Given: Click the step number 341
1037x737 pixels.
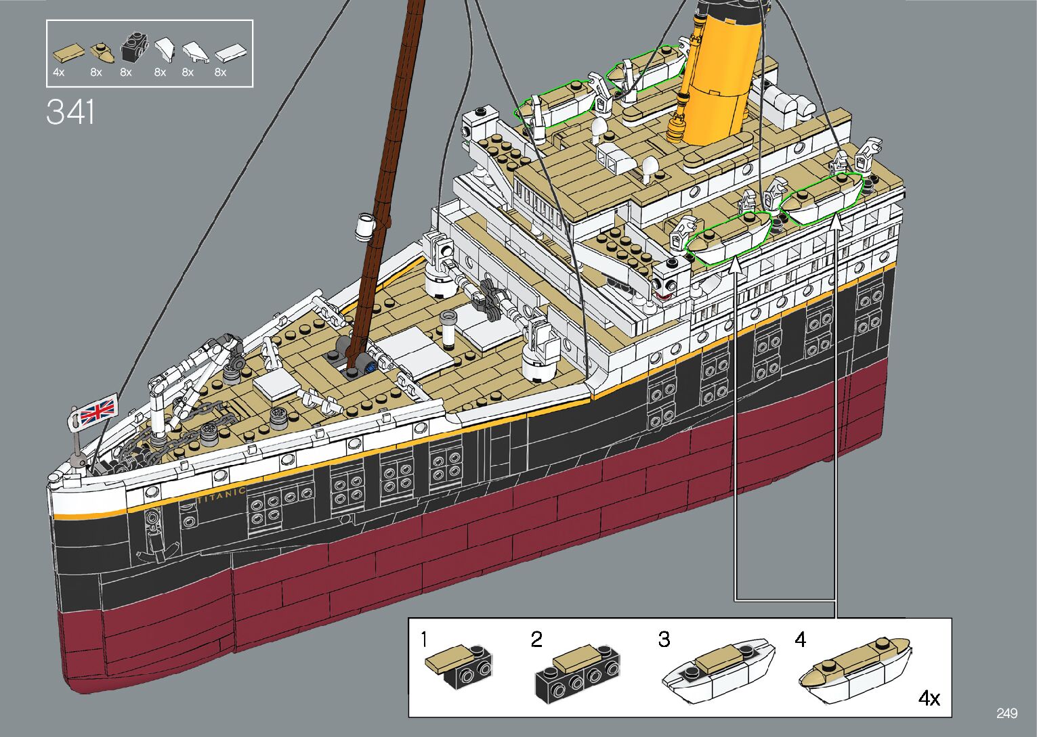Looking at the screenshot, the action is [70, 112].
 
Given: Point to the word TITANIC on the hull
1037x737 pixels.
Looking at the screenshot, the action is [221, 495].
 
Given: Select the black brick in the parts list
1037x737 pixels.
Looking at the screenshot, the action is [134, 47].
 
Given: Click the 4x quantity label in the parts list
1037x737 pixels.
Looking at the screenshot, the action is [58, 72].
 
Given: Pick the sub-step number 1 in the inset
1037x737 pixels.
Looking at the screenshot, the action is [424, 639].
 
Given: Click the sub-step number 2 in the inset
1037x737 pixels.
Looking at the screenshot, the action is [536, 640].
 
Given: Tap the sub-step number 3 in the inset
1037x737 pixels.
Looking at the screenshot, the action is [664, 640].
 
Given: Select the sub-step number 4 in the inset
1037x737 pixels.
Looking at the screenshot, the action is [801, 640].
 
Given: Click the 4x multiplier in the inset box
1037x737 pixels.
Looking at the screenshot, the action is [929, 698].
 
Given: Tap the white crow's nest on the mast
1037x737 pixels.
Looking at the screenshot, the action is [365, 226].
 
